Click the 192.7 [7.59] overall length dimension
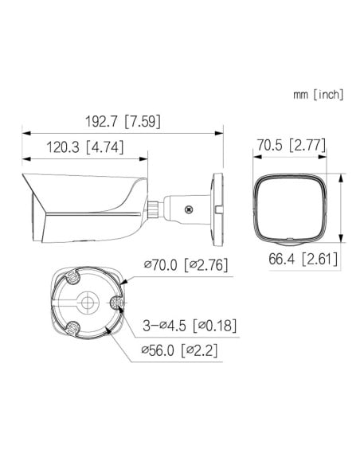click(123, 121)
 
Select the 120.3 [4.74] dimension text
click(84, 147)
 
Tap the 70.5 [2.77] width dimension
click(291, 145)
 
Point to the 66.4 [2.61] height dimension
click(303, 259)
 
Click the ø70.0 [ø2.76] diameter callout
click(186, 264)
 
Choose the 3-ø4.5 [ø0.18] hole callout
click(190, 326)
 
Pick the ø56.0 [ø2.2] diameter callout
click(179, 350)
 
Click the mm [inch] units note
click(319, 95)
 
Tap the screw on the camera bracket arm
click(188, 209)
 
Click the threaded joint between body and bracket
click(153, 209)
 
